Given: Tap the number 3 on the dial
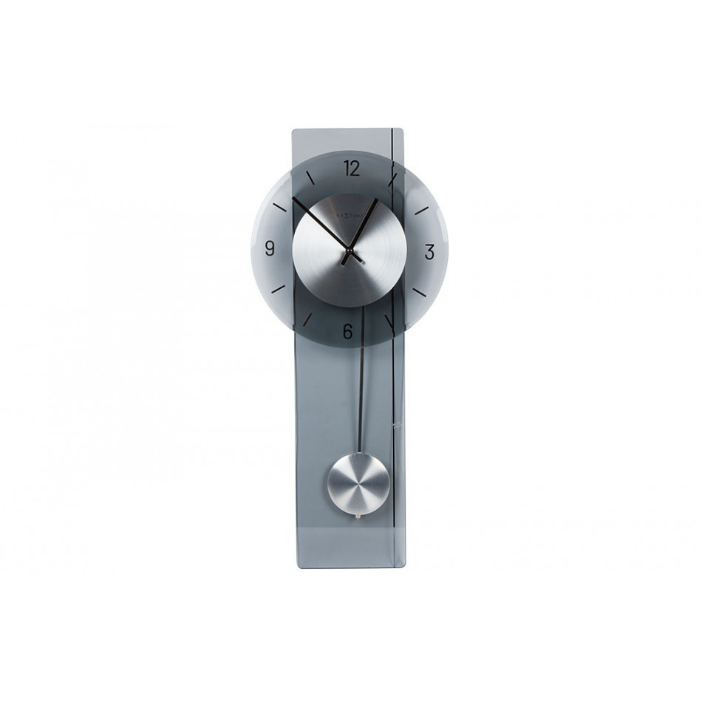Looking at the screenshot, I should [429, 251].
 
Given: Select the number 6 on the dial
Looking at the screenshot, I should [347, 332].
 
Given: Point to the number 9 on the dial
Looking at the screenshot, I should [268, 248].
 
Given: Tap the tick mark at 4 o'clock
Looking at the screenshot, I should [419, 292].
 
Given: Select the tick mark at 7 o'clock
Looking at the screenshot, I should [307, 320].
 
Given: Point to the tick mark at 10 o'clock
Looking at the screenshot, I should [279, 206].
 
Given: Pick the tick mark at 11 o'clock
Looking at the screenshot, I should [309, 177].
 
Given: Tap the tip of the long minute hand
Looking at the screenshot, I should [293, 200].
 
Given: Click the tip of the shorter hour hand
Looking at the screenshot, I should [377, 200].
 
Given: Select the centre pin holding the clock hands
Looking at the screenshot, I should [348, 256].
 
